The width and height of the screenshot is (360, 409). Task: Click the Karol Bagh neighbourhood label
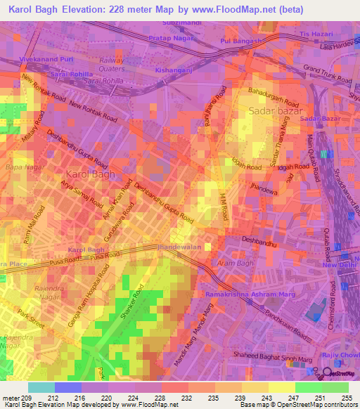[x=90, y=174]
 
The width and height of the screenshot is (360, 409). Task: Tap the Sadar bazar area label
[x=276, y=111]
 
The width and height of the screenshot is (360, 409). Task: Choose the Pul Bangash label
[x=240, y=41]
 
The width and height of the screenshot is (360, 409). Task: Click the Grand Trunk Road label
[x=326, y=74]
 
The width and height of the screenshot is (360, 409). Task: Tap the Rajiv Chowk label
[x=340, y=356]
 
